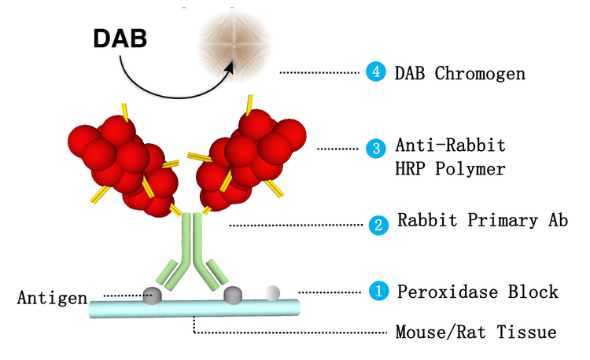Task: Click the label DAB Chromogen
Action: click(459, 73)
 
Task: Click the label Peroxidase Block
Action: click(477, 292)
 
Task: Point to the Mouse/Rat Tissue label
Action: click(475, 332)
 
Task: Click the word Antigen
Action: click(50, 298)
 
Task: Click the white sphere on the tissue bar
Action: click(272, 293)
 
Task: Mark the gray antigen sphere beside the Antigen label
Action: click(152, 296)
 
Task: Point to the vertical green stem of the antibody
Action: click(193, 244)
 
